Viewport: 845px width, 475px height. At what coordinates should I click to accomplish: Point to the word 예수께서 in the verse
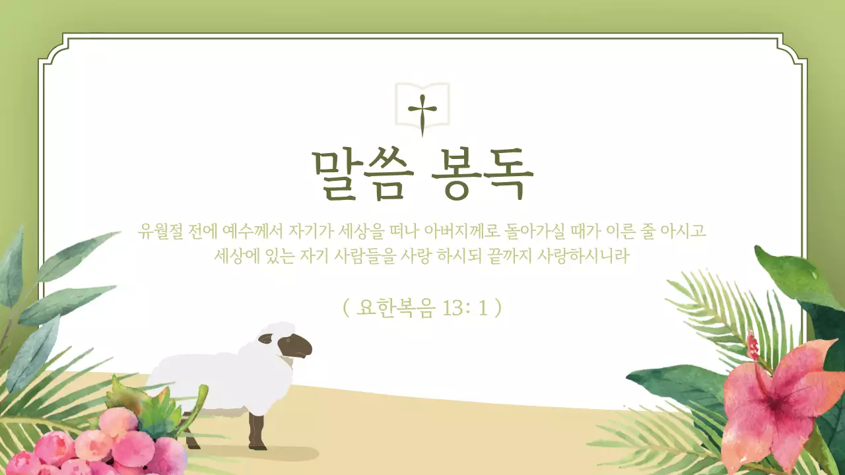[254, 232]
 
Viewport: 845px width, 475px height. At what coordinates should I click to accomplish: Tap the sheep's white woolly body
[211, 376]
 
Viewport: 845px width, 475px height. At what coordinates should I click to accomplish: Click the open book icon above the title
[422, 104]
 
